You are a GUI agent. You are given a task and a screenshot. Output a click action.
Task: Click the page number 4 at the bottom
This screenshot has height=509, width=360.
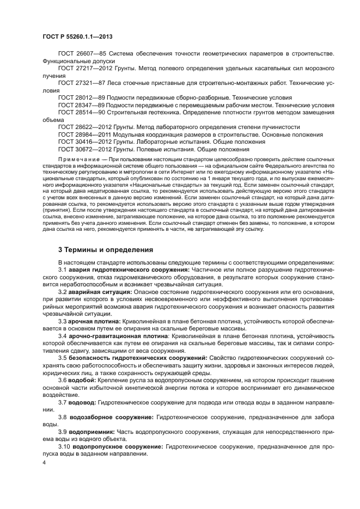tap(44, 463)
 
